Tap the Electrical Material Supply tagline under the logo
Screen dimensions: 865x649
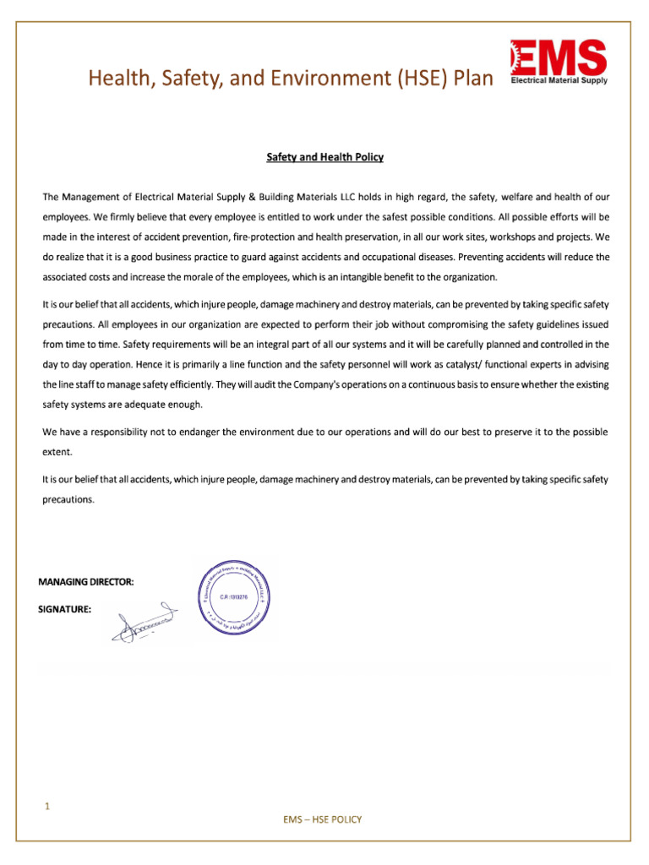[x=559, y=82]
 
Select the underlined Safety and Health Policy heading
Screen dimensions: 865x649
[x=325, y=157]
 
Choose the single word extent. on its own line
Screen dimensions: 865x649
[x=57, y=452]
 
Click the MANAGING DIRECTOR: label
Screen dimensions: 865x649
[x=85, y=582]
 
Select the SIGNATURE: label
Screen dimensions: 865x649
[x=65, y=608]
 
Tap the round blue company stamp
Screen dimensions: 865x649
[x=232, y=597]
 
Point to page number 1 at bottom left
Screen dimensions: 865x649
[x=47, y=807]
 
